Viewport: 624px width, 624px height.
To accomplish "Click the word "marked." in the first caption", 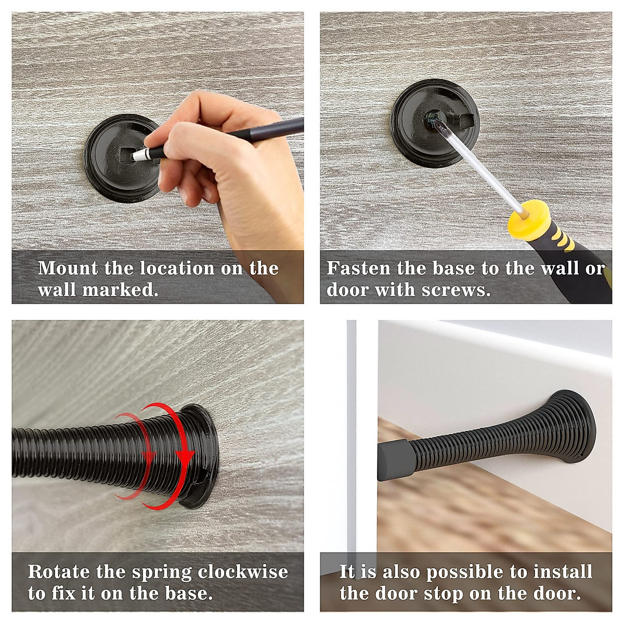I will tap(120, 290).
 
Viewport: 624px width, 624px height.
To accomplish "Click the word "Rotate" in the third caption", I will tap(58, 572).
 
